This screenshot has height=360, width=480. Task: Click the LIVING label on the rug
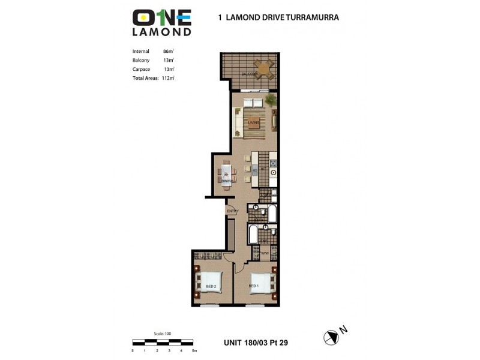pyautogui.click(x=254, y=123)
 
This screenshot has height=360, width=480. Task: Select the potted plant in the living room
pyautogui.click(x=270, y=99)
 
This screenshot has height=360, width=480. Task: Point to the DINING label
pyautogui.click(x=227, y=180)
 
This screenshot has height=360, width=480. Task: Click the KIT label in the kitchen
pyautogui.click(x=262, y=170)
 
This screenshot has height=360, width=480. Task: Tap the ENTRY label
pyautogui.click(x=233, y=211)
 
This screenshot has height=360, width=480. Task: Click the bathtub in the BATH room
pyautogui.click(x=271, y=214)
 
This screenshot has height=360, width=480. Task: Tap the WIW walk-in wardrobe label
pyautogui.click(x=264, y=254)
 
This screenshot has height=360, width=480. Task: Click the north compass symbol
pyautogui.click(x=331, y=337)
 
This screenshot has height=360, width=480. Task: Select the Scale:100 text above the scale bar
pyautogui.click(x=163, y=334)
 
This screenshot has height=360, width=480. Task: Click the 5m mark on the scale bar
pyautogui.click(x=194, y=350)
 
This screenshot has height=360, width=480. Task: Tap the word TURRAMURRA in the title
pyautogui.click(x=308, y=17)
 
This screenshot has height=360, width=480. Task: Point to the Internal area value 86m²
pyautogui.click(x=168, y=51)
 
